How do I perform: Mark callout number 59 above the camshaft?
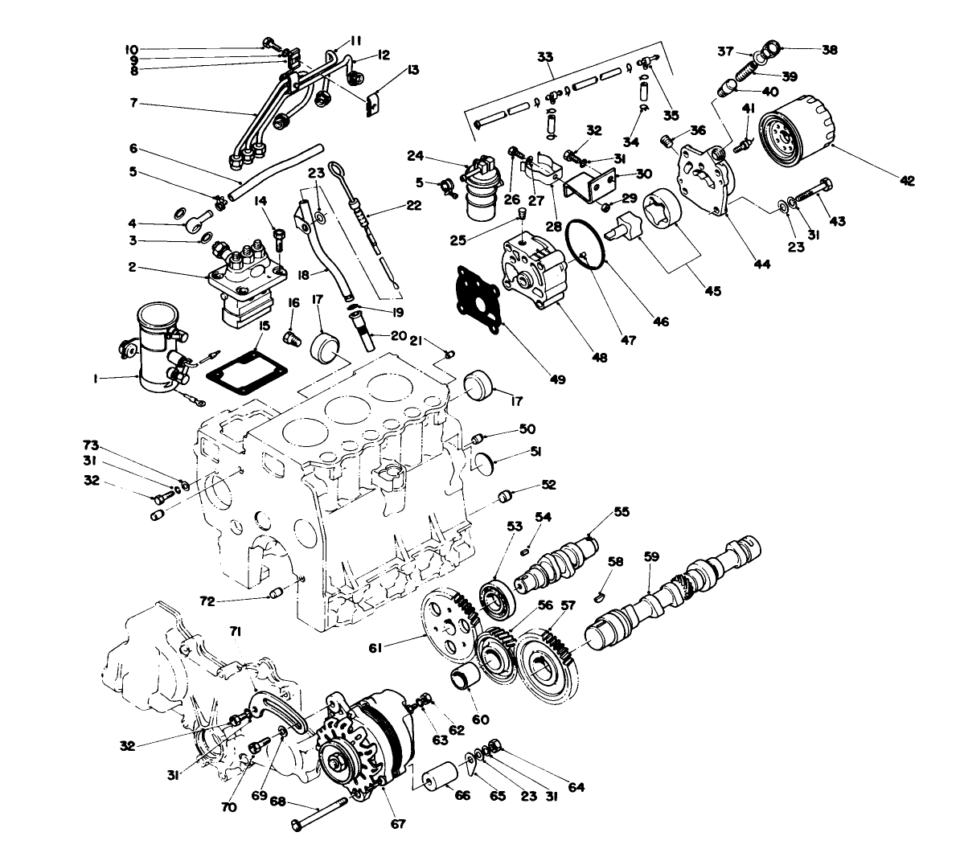(651, 556)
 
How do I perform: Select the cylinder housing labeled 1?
(154, 346)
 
